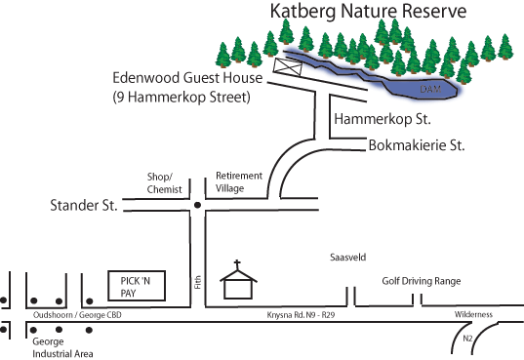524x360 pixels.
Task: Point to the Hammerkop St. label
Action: coord(382,119)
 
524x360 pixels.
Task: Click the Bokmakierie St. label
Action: coord(416,146)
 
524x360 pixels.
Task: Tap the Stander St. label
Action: coord(84,207)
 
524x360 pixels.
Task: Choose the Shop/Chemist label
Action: coord(164,182)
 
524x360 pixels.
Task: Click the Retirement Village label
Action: coord(239,181)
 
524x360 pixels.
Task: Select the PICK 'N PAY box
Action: coord(136,285)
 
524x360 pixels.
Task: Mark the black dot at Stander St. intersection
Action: coord(197,205)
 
